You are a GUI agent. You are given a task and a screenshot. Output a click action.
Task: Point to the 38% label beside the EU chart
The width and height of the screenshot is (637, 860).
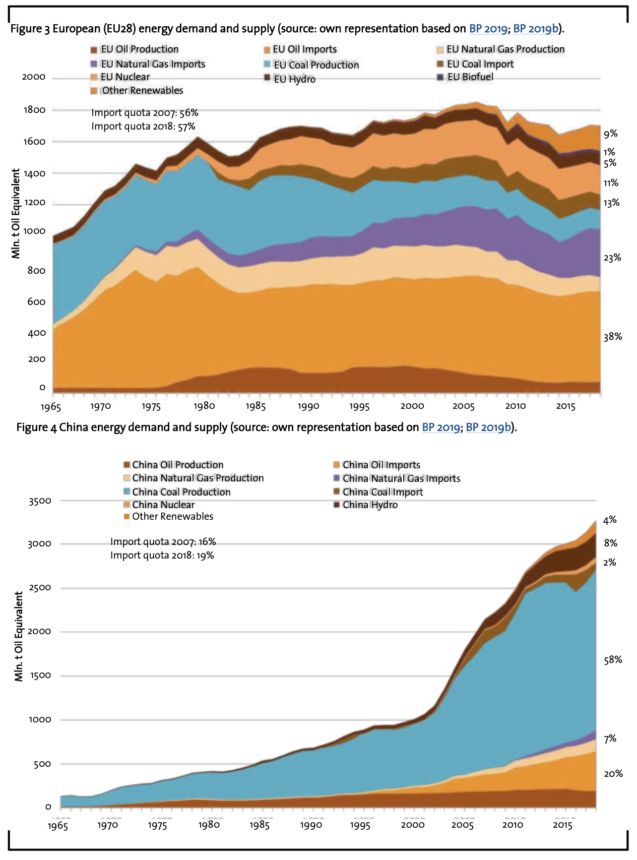(x=613, y=337)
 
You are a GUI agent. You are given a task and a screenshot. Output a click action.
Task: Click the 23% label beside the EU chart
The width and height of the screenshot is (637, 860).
(x=612, y=258)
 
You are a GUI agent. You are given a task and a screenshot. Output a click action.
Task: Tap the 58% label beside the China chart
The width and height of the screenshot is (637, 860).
(x=613, y=660)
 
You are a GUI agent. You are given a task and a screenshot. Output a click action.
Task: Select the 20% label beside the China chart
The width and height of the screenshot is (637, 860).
(x=613, y=773)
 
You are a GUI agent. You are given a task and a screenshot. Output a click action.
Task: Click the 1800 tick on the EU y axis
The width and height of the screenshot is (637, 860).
(x=34, y=110)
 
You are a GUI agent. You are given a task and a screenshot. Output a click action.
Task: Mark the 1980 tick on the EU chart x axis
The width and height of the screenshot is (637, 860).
(x=204, y=406)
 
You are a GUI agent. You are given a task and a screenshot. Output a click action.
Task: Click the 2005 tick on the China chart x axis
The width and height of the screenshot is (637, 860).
(x=462, y=825)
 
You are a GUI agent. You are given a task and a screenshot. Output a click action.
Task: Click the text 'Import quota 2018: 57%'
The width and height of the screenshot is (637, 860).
(x=143, y=127)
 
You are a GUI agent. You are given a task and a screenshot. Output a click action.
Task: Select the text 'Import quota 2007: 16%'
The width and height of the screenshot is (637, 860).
(x=163, y=542)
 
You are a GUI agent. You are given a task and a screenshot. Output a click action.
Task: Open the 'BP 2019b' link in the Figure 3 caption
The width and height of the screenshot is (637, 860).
(x=536, y=29)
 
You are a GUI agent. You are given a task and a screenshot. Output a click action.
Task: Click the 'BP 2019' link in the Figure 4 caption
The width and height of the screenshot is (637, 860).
(x=440, y=427)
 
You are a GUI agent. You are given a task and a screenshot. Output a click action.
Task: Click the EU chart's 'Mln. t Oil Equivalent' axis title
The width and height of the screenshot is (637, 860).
(x=16, y=214)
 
